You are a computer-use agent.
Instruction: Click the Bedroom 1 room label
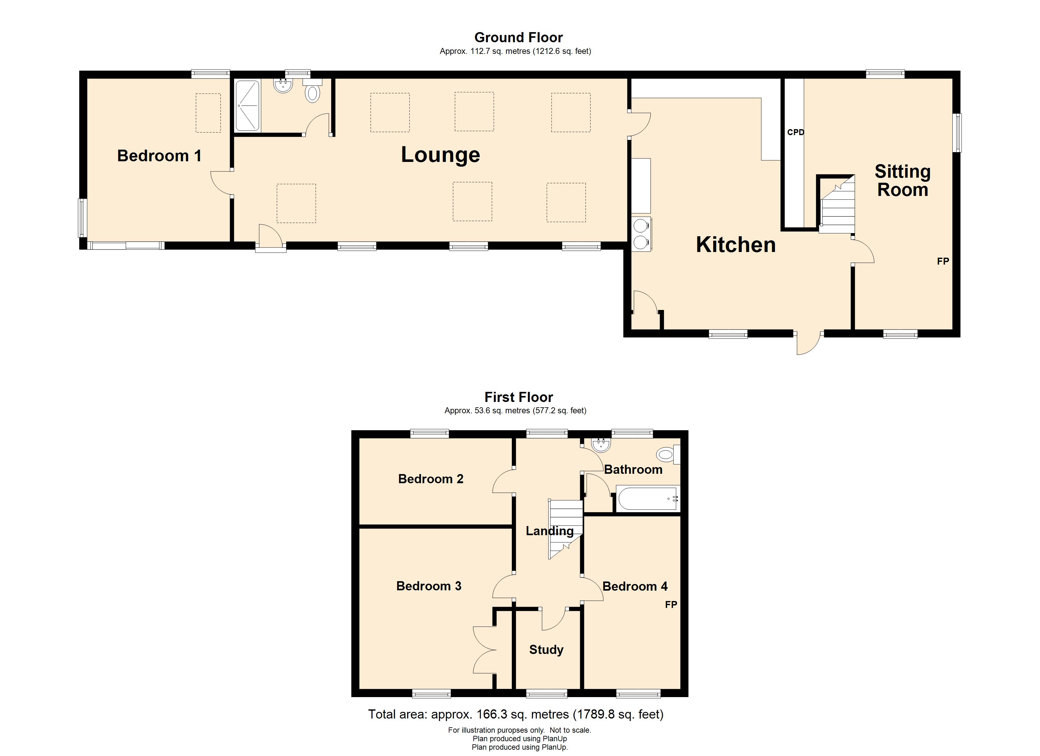pos(159,156)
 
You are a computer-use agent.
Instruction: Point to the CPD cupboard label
pos(795,133)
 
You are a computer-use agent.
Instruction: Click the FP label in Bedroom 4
pos(671,605)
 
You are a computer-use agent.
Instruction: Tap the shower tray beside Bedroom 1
pos(248,106)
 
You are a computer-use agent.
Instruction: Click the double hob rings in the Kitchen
pos(641,233)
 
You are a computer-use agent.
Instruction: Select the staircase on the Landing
pos(565,529)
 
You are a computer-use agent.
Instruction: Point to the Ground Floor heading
pos(518,37)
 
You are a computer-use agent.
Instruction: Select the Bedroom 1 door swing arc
pos(220,183)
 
